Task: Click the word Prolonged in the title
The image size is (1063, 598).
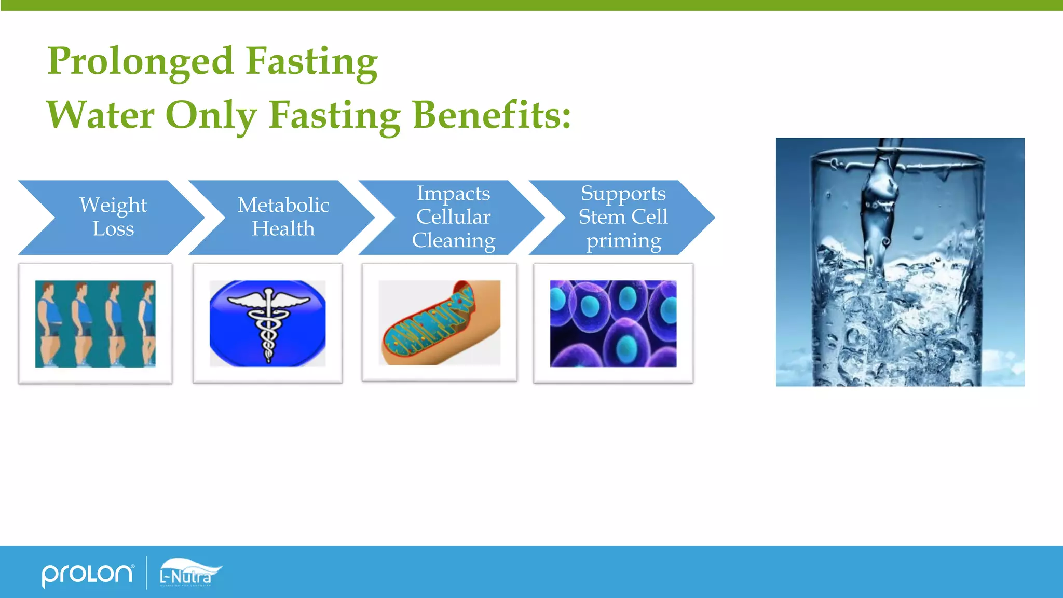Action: click(x=140, y=61)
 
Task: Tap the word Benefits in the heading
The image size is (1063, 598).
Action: click(x=491, y=115)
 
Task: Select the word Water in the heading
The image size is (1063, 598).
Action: click(x=100, y=115)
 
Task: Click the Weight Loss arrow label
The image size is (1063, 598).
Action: click(x=113, y=217)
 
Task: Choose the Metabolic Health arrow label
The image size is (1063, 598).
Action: click(x=283, y=217)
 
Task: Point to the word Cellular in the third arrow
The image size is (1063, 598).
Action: click(x=453, y=217)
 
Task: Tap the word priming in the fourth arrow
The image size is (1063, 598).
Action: click(x=623, y=241)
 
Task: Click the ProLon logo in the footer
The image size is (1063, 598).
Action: click(x=87, y=575)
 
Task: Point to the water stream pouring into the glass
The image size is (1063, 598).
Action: click(x=880, y=208)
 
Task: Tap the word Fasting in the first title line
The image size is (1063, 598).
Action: click(x=311, y=61)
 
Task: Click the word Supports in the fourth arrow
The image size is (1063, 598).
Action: click(x=623, y=193)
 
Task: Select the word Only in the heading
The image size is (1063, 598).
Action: click(x=211, y=115)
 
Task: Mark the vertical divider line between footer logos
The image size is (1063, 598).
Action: click(x=146, y=573)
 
